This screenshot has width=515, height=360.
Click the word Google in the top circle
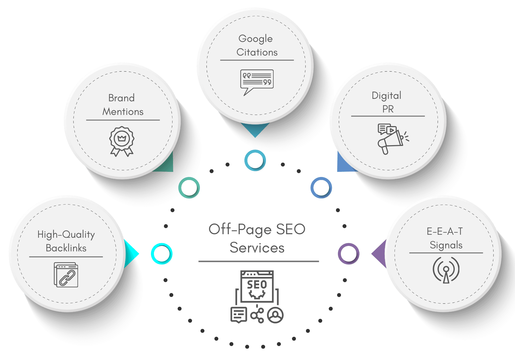click(255, 39)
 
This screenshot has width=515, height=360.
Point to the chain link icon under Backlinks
click(66, 275)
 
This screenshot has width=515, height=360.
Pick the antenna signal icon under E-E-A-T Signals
click(446, 270)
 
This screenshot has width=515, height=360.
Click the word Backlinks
click(66, 248)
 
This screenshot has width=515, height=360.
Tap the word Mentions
click(123, 112)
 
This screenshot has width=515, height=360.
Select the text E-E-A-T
click(445, 231)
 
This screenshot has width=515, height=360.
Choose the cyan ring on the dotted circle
click(162, 254)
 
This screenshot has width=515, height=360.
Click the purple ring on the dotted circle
click(349, 254)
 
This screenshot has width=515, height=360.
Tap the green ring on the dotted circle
click(189, 188)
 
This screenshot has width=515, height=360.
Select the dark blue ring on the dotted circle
click(321, 188)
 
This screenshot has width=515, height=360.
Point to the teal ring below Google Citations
click(255, 160)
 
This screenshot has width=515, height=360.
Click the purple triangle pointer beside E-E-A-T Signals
click(379, 254)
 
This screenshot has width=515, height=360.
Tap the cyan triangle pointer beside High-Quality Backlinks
click(131, 254)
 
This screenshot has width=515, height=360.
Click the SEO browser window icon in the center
click(257, 286)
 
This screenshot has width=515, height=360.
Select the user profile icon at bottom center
click(275, 315)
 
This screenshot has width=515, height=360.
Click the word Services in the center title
click(257, 248)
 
